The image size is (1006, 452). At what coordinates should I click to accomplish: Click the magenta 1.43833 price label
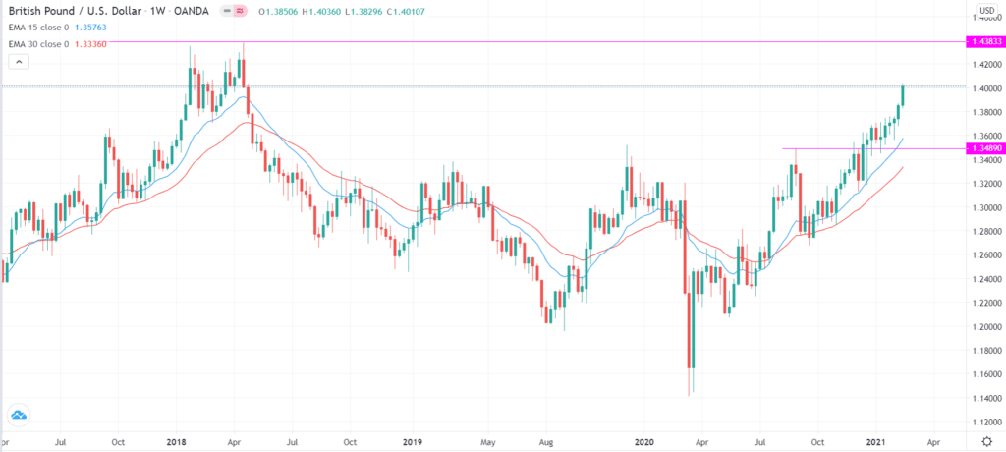pyautogui.click(x=984, y=42)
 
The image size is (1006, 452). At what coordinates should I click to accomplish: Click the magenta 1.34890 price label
pyautogui.click(x=984, y=148)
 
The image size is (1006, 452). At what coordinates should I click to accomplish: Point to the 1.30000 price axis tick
pyautogui.click(x=983, y=208)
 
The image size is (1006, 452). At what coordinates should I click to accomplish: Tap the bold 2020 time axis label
pyautogui.click(x=644, y=443)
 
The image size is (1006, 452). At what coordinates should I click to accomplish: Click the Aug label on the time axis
pyautogui.click(x=548, y=443)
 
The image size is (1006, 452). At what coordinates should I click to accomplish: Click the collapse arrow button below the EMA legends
pyautogui.click(x=16, y=62)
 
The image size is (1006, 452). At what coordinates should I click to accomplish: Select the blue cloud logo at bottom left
pyautogui.click(x=17, y=414)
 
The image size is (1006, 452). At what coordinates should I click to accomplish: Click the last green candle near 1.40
pyautogui.click(x=902, y=95)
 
